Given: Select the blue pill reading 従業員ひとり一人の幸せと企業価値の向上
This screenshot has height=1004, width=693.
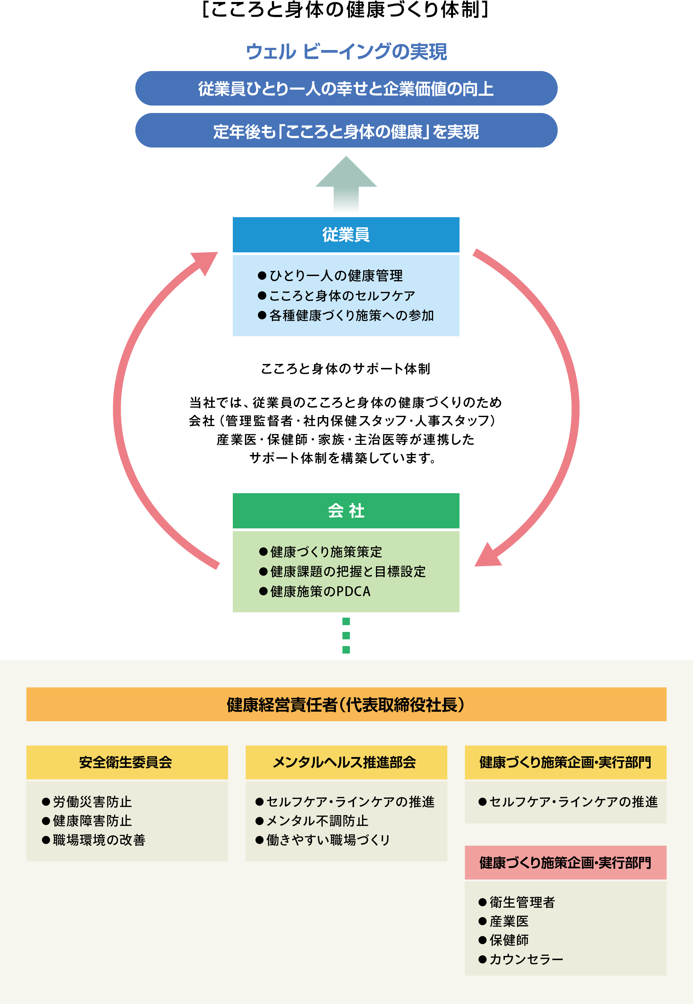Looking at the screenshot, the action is [x=346, y=88].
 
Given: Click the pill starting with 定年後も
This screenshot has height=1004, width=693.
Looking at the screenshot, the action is [x=346, y=130].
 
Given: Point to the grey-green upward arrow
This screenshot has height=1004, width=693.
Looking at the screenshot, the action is [x=346, y=183].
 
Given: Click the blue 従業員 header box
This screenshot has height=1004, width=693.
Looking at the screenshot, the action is [x=346, y=234].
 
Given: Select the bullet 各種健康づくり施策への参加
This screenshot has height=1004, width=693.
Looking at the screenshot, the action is [x=346, y=316].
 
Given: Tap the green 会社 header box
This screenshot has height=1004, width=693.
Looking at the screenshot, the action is [x=346, y=510].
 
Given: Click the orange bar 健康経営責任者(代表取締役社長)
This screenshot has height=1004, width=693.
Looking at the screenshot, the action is [x=346, y=704].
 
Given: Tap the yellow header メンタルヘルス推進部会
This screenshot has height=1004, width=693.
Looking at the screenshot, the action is [x=346, y=762].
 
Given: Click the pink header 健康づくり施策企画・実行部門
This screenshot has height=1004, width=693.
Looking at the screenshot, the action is [x=565, y=863].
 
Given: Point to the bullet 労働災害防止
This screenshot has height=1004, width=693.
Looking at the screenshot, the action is [x=87, y=802].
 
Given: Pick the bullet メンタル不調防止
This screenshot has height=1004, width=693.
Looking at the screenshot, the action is [x=312, y=821].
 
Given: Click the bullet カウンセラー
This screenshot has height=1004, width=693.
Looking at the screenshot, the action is [x=521, y=959].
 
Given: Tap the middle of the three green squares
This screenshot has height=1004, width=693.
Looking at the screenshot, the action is [x=346, y=636].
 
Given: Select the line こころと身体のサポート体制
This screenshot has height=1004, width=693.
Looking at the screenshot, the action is [x=345, y=368].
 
